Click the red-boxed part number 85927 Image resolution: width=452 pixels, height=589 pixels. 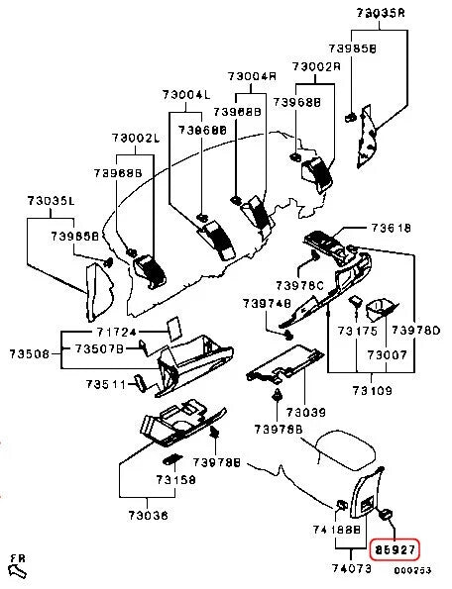pos(395,547)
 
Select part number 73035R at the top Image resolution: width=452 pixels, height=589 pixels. pos(381,14)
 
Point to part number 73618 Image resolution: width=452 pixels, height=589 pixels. pos(390,228)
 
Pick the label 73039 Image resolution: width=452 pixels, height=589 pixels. pos(306,410)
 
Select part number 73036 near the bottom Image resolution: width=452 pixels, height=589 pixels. pos(144,515)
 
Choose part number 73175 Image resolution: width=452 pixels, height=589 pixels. pos(357,331)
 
